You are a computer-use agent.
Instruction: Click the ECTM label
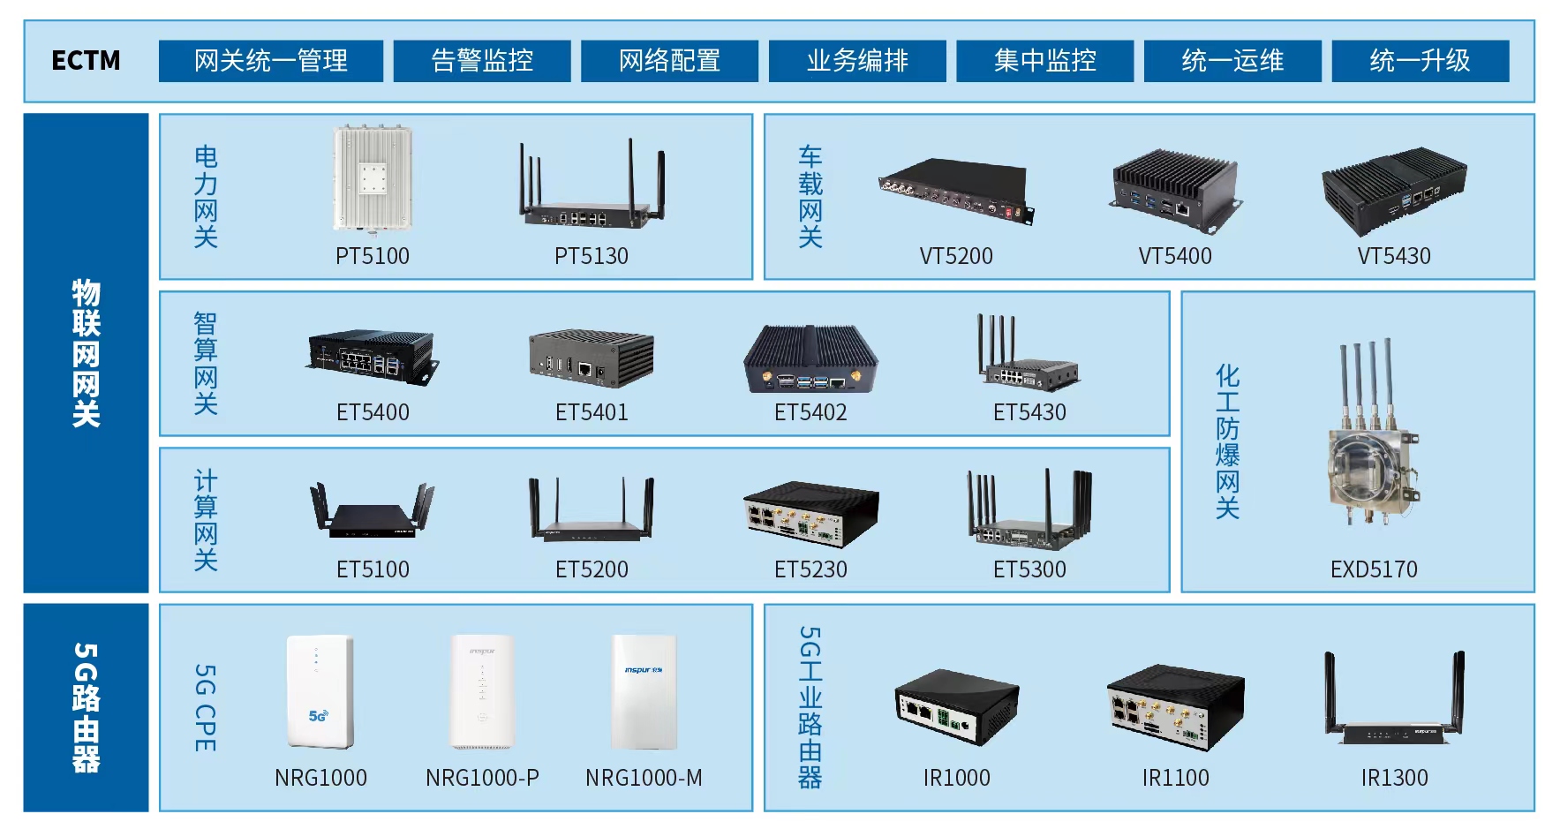point(86,60)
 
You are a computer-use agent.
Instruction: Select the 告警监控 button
point(482,60)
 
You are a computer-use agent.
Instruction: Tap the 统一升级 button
point(1420,60)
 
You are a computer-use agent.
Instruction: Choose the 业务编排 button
point(857,60)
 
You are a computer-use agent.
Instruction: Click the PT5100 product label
point(373,256)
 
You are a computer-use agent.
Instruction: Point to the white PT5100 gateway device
point(373,179)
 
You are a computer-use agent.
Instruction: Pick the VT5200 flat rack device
point(956,191)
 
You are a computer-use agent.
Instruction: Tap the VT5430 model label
point(1394,256)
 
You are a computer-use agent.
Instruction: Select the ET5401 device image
point(592,358)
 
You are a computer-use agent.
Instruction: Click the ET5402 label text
point(810,412)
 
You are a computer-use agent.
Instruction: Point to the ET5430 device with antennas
point(1029,358)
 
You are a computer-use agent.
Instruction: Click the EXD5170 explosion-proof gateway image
point(1373,441)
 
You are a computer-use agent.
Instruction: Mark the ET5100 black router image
point(373,512)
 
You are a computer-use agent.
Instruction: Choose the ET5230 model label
point(810,569)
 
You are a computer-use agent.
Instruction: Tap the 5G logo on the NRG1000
point(318,716)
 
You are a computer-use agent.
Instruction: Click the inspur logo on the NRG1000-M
point(644,670)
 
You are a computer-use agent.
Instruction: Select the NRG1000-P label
point(482,778)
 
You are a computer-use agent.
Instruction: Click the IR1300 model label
point(1394,778)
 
